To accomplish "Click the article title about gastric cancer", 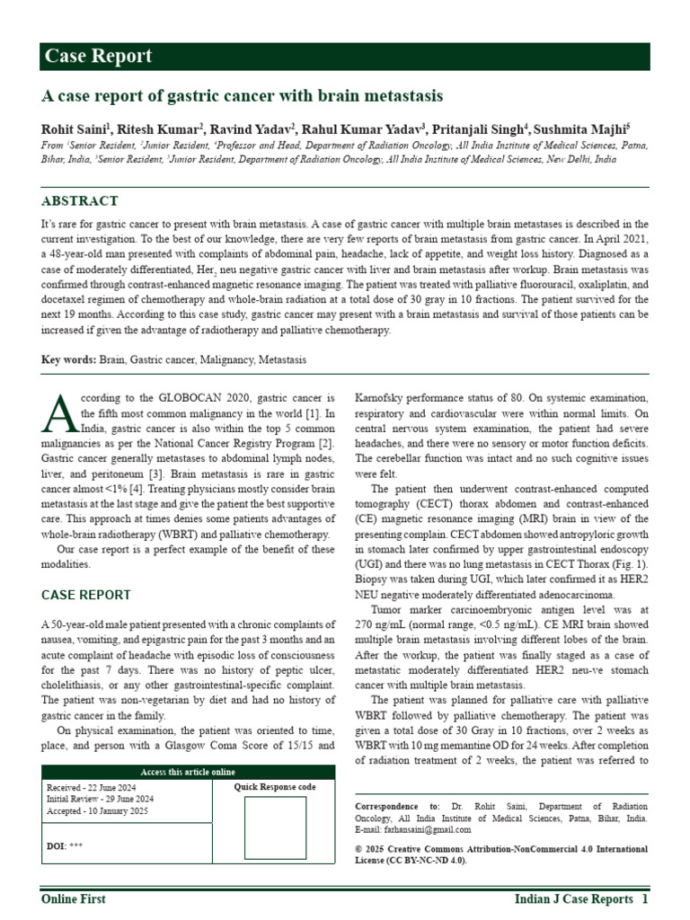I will (x=242, y=95).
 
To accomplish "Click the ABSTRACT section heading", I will (x=80, y=200).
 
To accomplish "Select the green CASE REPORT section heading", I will (x=86, y=595).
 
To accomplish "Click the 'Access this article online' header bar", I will (x=189, y=772).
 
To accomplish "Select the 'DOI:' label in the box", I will (x=55, y=845).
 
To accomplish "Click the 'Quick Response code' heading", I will (x=274, y=787).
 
